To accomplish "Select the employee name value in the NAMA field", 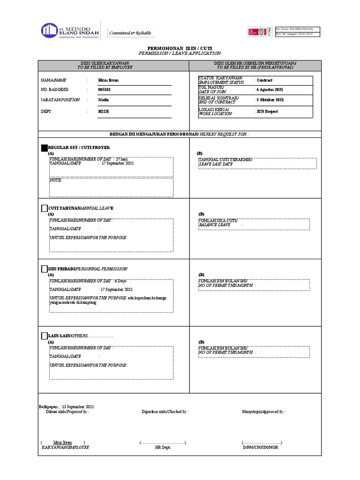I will point(108,80).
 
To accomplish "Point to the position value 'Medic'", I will point(103,100).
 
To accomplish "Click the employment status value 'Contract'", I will point(264,80).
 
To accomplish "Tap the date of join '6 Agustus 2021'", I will point(270,90).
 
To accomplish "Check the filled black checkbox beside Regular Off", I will point(45,148).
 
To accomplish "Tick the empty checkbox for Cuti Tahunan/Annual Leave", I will point(45,208).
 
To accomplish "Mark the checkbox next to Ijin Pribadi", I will point(45,269).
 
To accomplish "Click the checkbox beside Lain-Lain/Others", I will point(45,336).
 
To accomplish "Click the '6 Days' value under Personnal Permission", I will point(120,281).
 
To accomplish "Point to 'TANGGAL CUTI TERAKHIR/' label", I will point(225,160).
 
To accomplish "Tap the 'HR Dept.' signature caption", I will point(163,448).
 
